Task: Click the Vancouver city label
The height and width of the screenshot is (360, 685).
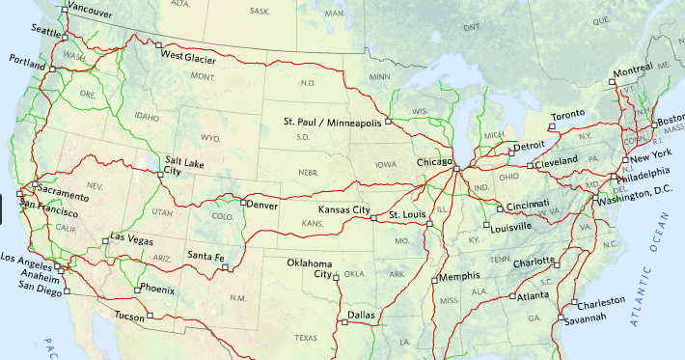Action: pos(90,14)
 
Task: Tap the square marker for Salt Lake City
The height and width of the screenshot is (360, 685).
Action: pos(160,174)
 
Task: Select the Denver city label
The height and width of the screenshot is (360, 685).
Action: pos(262,206)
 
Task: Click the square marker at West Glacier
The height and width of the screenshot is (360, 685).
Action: pos(156,44)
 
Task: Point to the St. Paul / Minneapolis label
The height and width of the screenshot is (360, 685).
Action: pos(332,122)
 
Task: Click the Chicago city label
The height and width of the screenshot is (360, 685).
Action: pos(433,162)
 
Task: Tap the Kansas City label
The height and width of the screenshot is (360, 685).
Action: pos(344,209)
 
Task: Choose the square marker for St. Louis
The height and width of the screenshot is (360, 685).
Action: pos(373,218)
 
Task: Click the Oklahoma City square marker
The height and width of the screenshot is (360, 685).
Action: pos(337,278)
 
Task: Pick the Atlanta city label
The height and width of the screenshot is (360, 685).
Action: pos(533,296)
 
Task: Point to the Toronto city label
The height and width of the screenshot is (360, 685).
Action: pos(567,115)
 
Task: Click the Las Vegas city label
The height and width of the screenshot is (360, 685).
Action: pos(131,236)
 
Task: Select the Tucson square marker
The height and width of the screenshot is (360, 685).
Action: pos(150,315)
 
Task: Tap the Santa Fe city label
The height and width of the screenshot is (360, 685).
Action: pos(205,256)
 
